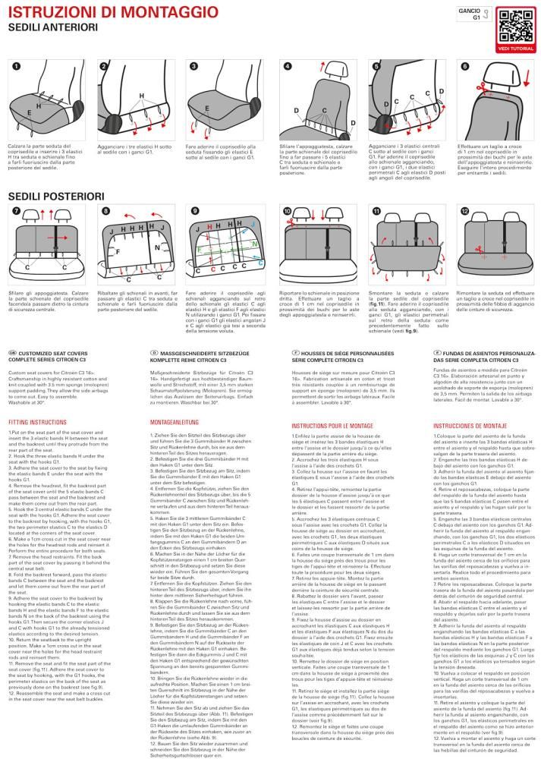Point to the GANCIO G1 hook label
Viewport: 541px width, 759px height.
470,15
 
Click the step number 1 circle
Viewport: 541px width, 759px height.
15,67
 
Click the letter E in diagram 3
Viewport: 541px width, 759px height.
207,108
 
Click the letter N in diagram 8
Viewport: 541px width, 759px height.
156,247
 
